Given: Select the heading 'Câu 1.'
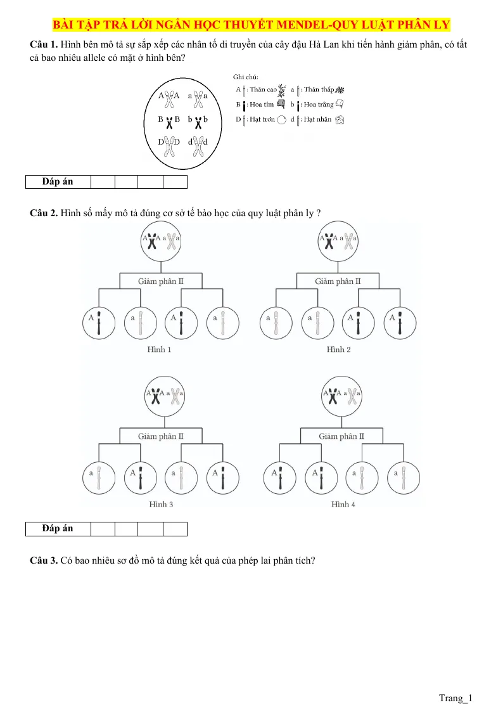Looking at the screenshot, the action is tap(44, 44).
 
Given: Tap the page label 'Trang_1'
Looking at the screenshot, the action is tap(455, 698).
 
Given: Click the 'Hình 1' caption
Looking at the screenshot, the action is tap(159, 349).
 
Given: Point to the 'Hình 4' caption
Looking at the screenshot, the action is tap(343, 505).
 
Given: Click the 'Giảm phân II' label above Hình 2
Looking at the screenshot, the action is tap(338, 282).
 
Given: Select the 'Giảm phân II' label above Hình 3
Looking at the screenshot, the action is tap(160, 436).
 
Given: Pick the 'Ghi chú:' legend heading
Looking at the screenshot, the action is tap(246, 77).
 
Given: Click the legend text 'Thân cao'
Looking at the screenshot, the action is tap(263, 89).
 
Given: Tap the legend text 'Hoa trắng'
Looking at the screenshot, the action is tap(319, 105).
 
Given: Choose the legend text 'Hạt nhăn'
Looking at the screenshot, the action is tap(317, 119).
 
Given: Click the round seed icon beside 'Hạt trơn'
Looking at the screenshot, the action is tap(282, 120).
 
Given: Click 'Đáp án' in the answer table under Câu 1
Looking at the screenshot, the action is tap(58, 181).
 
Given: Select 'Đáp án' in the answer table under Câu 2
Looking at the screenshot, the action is tap(58, 528).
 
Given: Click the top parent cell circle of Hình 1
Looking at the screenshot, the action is tap(161, 241).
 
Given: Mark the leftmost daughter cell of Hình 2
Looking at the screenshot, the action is tap(276, 323).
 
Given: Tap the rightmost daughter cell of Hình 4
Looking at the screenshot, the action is tap(403, 477).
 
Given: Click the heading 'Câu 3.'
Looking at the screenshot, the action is tap(44, 560).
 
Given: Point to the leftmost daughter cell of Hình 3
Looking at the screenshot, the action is tap(99, 477).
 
